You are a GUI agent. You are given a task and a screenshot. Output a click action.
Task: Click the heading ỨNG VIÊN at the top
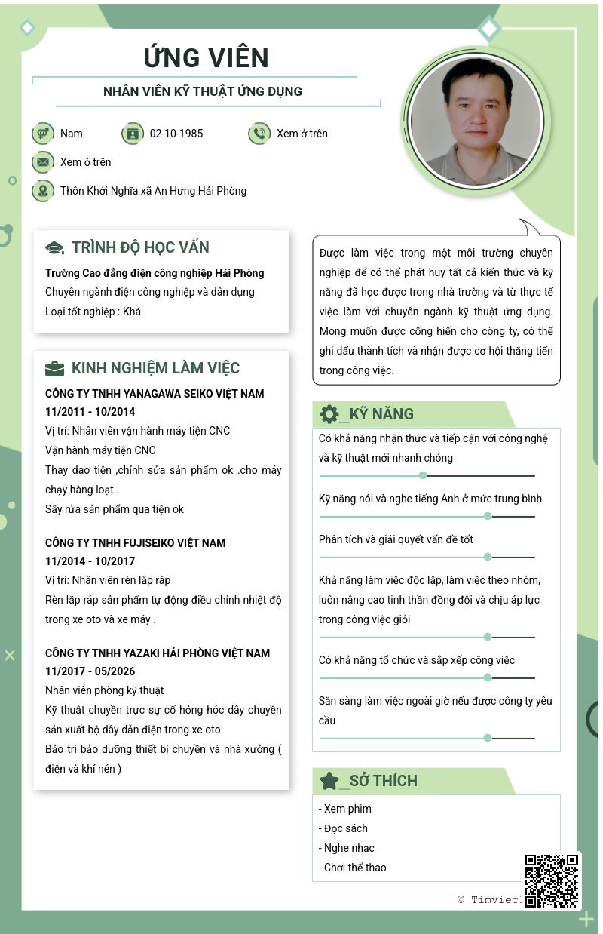[206, 58]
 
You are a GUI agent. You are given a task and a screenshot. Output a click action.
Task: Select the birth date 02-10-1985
[176, 134]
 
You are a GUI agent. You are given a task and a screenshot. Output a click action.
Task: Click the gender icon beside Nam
[43, 134]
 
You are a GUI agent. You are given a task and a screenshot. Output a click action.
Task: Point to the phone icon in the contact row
[259, 134]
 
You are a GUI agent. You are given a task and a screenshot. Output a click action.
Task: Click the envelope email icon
[43, 162]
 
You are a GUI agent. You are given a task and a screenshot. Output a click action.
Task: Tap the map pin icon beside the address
[43, 191]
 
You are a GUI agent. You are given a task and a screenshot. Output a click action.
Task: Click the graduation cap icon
[55, 248]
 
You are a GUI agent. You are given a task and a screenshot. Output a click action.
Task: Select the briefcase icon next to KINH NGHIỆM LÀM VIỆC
[55, 369]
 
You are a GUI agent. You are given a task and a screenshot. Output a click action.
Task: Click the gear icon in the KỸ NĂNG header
[329, 414]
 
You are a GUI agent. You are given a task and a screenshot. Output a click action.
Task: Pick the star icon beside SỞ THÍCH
[329, 781]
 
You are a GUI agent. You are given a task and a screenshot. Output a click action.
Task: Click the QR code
[552, 880]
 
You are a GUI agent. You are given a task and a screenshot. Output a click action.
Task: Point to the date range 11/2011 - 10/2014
[90, 412]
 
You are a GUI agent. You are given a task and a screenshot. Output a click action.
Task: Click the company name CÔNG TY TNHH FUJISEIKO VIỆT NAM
[136, 543]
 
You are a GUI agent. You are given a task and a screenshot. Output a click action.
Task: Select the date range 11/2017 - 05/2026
[90, 671]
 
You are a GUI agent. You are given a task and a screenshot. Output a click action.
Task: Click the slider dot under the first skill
[423, 475]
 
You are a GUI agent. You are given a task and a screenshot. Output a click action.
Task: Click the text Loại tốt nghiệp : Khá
[93, 312]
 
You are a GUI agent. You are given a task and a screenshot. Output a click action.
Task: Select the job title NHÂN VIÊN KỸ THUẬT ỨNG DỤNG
[203, 91]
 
